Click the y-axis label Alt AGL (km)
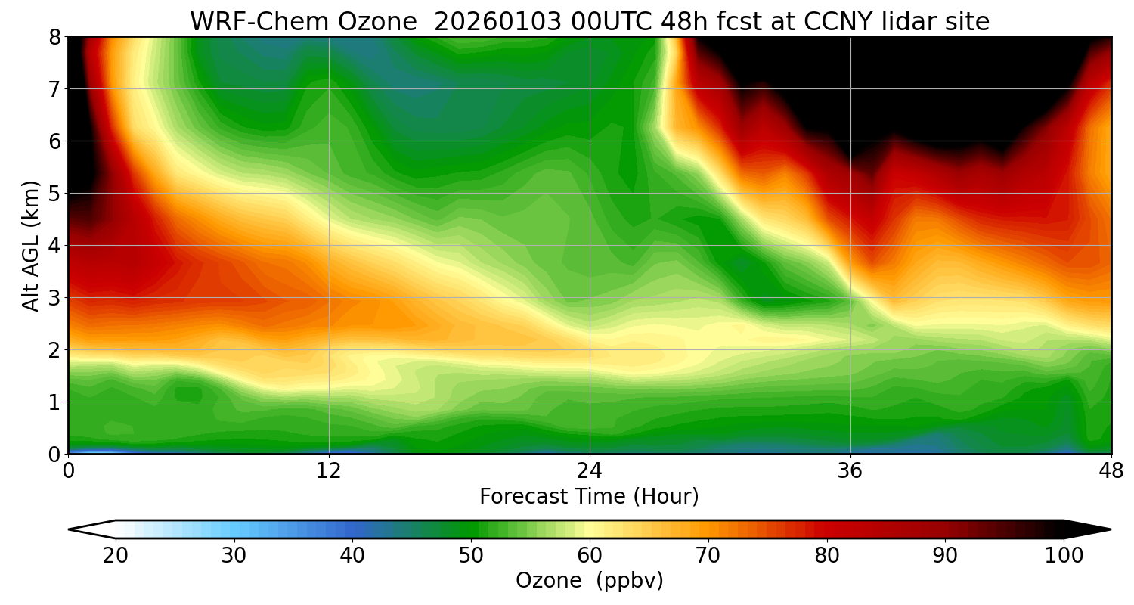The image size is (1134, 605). click(x=31, y=246)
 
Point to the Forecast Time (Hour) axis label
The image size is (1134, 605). click(x=589, y=497)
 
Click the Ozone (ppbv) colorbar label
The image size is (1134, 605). click(x=589, y=580)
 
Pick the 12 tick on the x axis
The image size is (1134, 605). click(x=329, y=470)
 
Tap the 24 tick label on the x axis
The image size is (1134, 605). click(x=589, y=470)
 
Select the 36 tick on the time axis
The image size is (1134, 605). click(x=850, y=470)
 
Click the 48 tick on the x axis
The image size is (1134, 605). click(x=1111, y=470)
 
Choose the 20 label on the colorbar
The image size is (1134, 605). click(x=116, y=556)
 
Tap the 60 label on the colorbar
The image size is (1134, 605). click(x=590, y=556)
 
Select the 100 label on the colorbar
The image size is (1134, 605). click(x=1064, y=556)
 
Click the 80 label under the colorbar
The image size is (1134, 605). click(x=827, y=556)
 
